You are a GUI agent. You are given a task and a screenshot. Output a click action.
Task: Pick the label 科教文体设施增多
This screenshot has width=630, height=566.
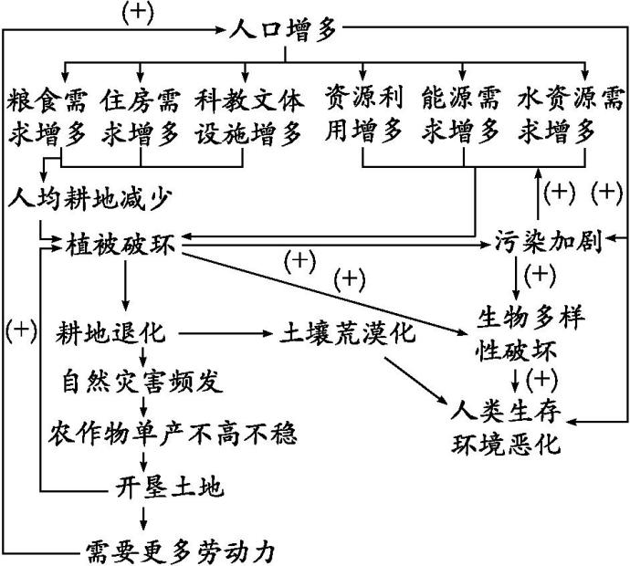pyautogui.click(x=248, y=117)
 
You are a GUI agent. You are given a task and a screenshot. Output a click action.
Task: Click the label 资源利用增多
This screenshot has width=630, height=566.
pyautogui.click(x=364, y=117)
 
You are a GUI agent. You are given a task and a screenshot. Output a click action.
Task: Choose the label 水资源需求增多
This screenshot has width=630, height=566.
pyautogui.click(x=559, y=117)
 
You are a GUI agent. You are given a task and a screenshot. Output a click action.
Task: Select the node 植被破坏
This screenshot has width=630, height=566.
pyautogui.click(x=121, y=246)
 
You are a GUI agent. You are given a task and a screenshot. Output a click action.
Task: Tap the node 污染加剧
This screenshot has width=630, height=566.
pyautogui.click(x=548, y=244)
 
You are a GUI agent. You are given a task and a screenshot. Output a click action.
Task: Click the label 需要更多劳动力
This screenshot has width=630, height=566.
pyautogui.click(x=180, y=550)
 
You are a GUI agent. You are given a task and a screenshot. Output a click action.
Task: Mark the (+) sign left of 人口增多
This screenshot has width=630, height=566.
pyautogui.click(x=137, y=14)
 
